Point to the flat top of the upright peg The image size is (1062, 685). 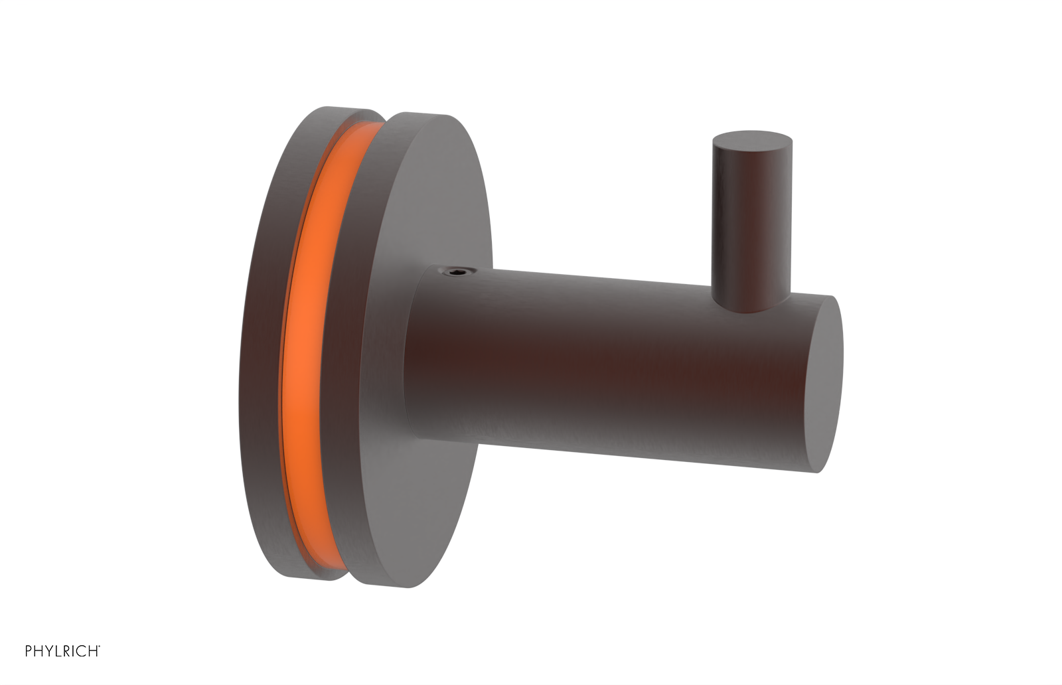coord(751,140)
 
